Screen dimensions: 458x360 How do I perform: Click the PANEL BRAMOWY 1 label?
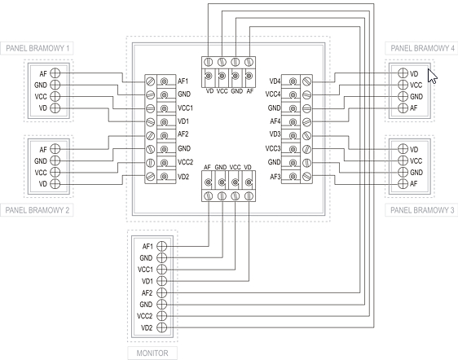[x=37, y=48]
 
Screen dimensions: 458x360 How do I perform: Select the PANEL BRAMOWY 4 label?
[x=422, y=48]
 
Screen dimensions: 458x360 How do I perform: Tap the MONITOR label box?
[x=152, y=353]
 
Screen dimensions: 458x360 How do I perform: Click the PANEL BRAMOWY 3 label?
[x=422, y=210]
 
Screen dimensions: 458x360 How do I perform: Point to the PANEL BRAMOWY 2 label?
[x=37, y=210]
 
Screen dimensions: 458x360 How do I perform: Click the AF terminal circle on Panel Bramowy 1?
[x=55, y=73]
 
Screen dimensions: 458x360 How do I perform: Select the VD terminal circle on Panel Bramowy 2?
[x=55, y=184]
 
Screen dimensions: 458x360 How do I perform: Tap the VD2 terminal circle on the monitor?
[x=162, y=327]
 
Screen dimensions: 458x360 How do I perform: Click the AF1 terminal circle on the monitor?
[x=162, y=246]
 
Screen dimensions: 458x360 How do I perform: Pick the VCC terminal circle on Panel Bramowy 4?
[x=403, y=85]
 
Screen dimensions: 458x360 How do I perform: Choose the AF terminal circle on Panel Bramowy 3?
[x=403, y=183]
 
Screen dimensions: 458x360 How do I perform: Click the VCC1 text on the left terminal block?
[x=186, y=108]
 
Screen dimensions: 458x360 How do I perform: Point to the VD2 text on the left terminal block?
[x=183, y=177]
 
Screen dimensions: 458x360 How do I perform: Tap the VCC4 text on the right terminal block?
[x=273, y=94]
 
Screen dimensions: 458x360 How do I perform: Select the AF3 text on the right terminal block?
[x=275, y=177]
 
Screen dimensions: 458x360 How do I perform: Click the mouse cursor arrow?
[x=432, y=76]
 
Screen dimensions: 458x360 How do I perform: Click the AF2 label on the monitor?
[x=147, y=292]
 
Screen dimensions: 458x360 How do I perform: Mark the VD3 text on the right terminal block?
[x=275, y=134]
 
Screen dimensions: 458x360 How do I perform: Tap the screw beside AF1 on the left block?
[x=151, y=81]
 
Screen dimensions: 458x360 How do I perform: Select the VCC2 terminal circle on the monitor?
[x=162, y=316]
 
